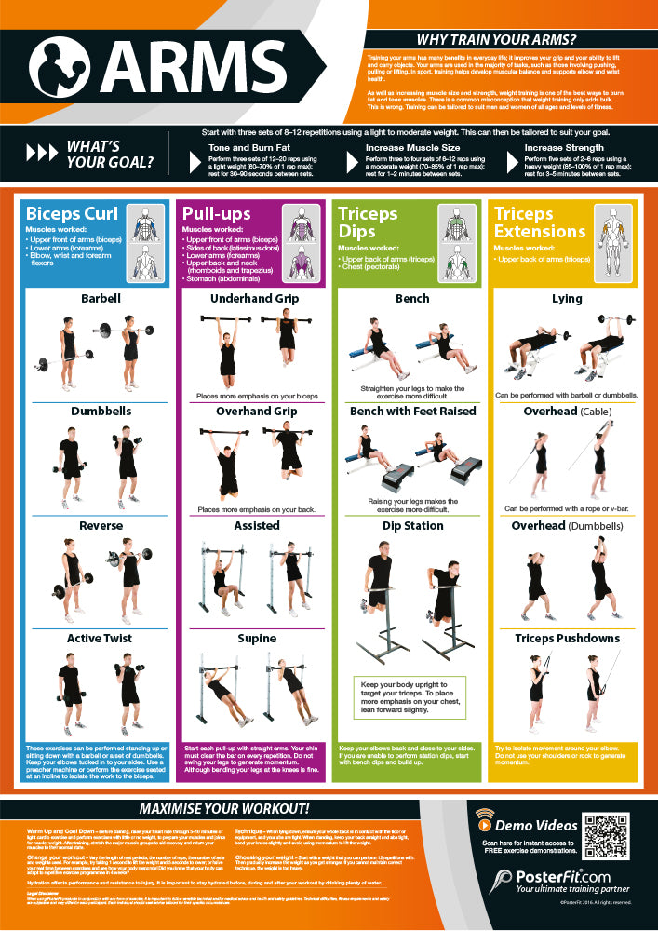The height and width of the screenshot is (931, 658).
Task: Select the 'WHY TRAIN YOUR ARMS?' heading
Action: point(496,40)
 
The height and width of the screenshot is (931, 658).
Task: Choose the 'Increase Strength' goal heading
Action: point(565,147)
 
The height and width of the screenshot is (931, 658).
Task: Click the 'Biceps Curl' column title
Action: point(73,214)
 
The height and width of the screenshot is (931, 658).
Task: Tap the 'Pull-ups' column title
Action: point(217,214)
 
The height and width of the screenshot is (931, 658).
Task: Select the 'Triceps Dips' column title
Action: point(368,223)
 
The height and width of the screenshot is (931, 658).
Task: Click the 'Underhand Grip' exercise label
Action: point(254,299)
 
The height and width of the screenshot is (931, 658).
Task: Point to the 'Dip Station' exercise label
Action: point(412,525)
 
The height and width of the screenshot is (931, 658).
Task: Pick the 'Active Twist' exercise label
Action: point(99,638)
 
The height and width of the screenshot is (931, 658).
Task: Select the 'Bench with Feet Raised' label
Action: point(412,411)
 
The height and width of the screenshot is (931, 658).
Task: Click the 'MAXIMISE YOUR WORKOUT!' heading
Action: point(224,807)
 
